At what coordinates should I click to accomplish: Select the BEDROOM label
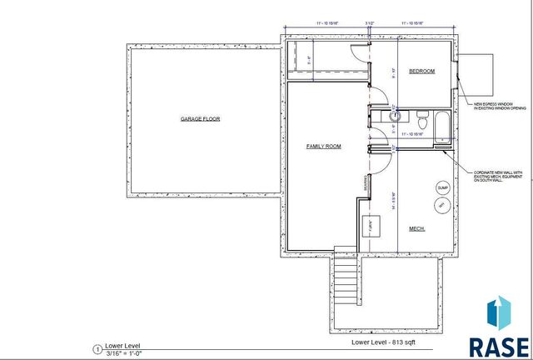click(x=421, y=72)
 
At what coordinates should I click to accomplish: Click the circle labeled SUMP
click(x=442, y=187)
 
